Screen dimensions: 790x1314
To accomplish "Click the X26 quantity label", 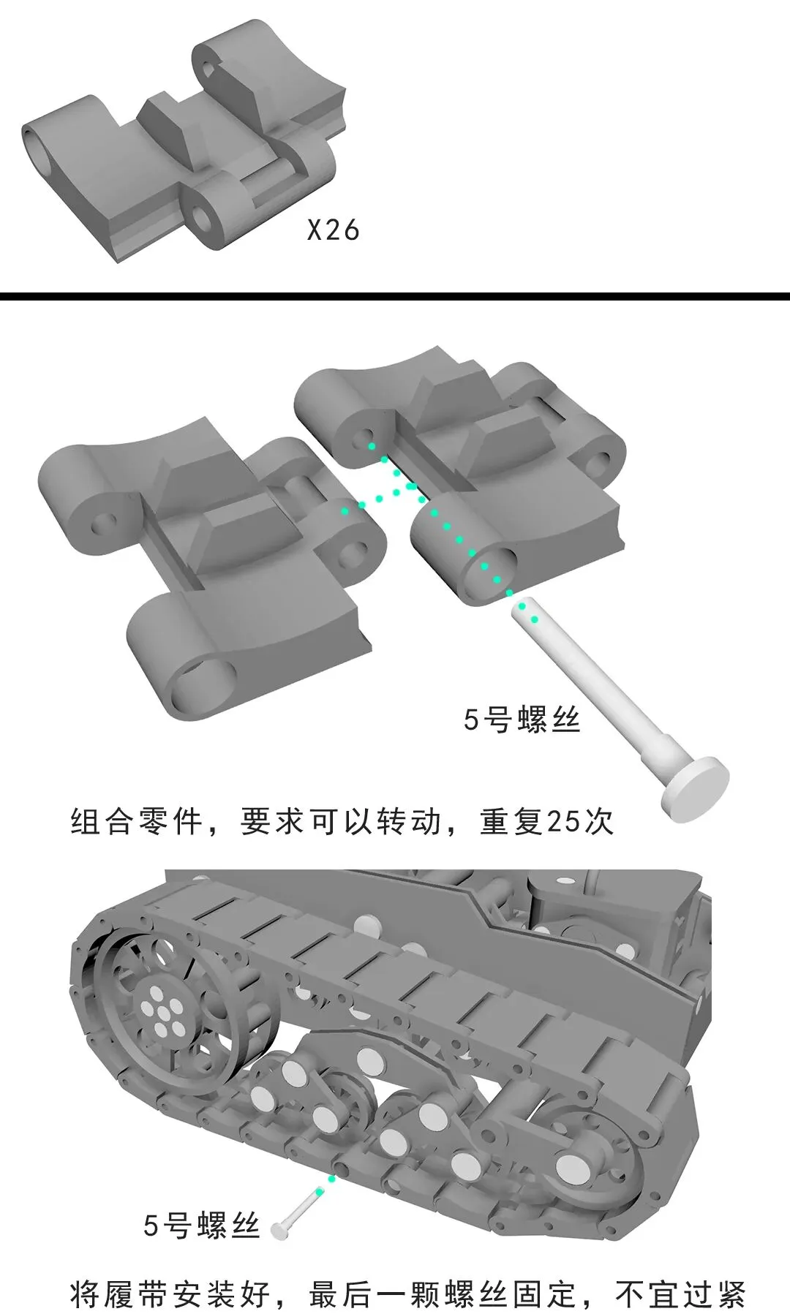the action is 333,230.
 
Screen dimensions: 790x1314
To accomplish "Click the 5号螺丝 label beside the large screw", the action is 522,720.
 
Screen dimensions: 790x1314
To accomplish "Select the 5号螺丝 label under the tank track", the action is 202,1226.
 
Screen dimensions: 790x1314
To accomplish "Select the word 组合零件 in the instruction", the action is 136,822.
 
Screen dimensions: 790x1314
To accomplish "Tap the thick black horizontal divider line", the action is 395,296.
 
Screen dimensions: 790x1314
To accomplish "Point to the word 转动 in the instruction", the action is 409,822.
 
